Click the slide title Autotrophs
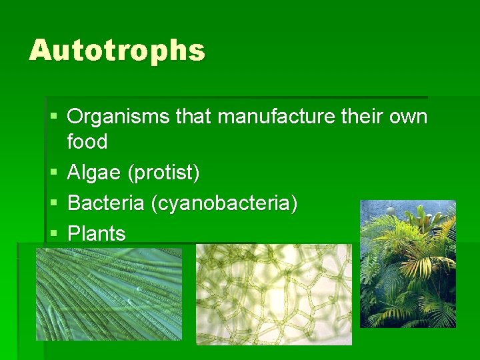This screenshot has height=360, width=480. [x=117, y=51]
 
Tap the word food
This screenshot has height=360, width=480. [x=87, y=142]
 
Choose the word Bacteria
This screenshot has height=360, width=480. [x=107, y=203]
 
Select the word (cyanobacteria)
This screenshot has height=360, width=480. [x=225, y=203]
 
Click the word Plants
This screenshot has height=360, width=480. [x=97, y=234]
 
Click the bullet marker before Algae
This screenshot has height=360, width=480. [x=54, y=173]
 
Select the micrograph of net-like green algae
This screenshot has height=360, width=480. [x=273, y=294]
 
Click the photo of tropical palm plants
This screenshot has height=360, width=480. [x=407, y=264]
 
